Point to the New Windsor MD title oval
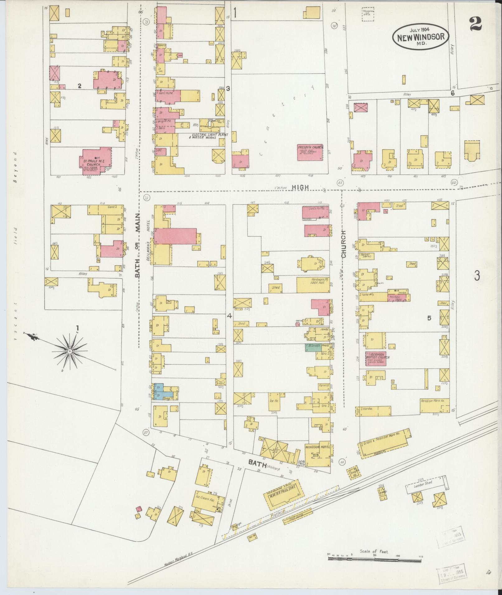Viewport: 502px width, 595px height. click(x=420, y=36)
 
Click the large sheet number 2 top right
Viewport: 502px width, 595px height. click(x=476, y=24)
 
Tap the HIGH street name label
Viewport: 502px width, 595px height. click(x=300, y=187)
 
